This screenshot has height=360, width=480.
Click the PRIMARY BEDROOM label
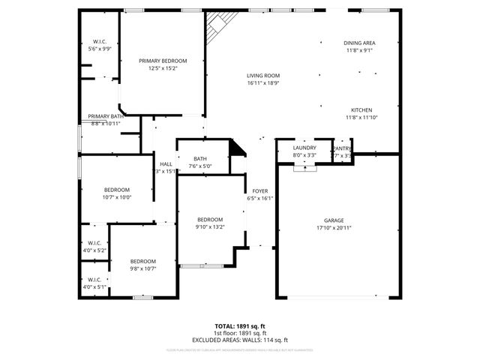click(x=163, y=61)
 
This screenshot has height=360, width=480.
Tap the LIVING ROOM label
click(x=263, y=76)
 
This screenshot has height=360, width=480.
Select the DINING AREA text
click(x=360, y=43)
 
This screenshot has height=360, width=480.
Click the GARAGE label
click(x=337, y=220)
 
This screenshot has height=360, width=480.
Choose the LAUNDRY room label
click(x=304, y=148)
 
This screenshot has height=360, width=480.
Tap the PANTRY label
click(x=342, y=148)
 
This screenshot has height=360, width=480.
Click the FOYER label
click(x=260, y=191)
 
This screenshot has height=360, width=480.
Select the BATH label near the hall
click(x=199, y=159)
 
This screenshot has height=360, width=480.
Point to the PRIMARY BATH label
click(x=106, y=116)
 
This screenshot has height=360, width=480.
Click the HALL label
click(x=166, y=164)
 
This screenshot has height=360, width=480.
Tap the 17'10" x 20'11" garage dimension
click(x=337, y=227)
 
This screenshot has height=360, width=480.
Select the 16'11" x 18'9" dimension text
click(x=263, y=83)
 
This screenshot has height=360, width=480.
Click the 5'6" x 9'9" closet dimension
click(x=100, y=48)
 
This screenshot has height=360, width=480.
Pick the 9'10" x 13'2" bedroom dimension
click(x=210, y=226)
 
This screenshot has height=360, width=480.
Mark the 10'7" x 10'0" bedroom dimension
click(x=117, y=197)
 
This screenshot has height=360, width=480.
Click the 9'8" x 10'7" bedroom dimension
click(x=142, y=268)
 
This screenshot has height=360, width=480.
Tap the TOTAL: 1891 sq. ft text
click(x=240, y=327)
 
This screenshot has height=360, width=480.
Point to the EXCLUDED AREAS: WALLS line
click(x=240, y=339)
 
